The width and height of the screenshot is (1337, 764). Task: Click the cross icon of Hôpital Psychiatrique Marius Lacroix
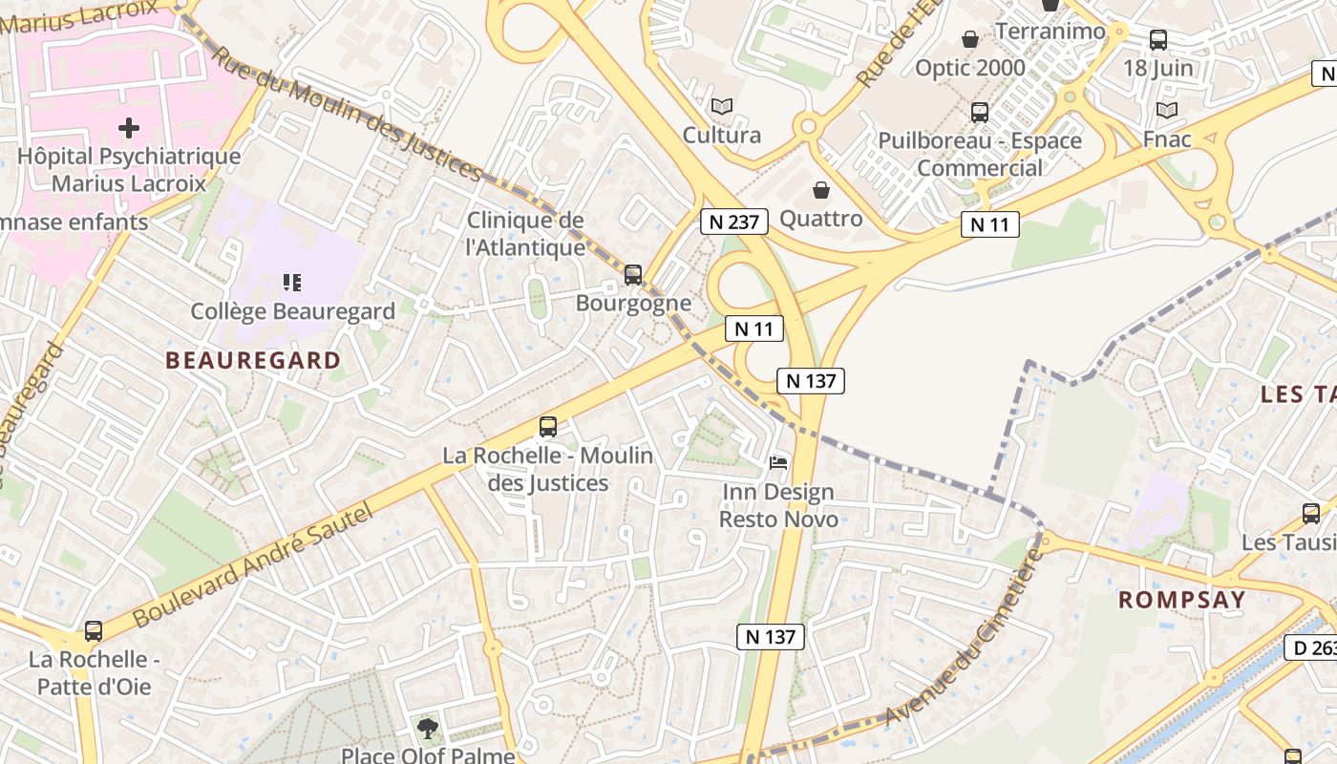click(x=129, y=128)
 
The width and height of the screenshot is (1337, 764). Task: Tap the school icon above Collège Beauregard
click(x=292, y=282)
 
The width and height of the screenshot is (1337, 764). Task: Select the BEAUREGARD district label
click(x=253, y=360)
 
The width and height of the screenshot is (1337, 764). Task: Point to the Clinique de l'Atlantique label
click(x=525, y=234)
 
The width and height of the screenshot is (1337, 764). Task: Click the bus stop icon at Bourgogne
click(x=632, y=275)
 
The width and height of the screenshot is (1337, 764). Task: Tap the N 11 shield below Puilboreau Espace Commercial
click(x=989, y=224)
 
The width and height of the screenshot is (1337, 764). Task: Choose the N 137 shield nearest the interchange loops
click(x=811, y=380)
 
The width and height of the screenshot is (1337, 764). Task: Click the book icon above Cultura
click(x=722, y=106)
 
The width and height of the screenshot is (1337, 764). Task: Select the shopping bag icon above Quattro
click(x=820, y=190)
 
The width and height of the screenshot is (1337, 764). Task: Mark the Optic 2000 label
click(x=969, y=68)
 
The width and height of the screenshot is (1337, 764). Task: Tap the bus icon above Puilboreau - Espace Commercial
click(x=979, y=113)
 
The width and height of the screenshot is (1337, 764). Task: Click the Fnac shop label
click(x=1167, y=139)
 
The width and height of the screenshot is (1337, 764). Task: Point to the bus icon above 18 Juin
click(x=1157, y=40)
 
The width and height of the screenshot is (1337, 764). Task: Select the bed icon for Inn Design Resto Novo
click(x=778, y=463)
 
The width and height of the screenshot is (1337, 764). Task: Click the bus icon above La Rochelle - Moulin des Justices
click(x=548, y=426)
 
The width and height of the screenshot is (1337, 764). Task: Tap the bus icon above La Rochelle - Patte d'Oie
click(x=94, y=630)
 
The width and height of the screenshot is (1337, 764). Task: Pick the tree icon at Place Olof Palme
click(x=428, y=729)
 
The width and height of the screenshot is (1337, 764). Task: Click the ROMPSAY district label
click(x=1181, y=600)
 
